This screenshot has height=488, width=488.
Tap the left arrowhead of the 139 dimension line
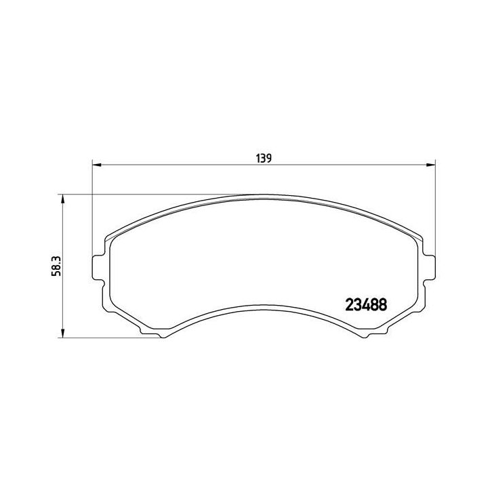click(x=96, y=165)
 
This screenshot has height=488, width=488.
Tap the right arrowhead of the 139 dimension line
click(x=430, y=165)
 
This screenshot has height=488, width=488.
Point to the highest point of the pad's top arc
click(x=263, y=195)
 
